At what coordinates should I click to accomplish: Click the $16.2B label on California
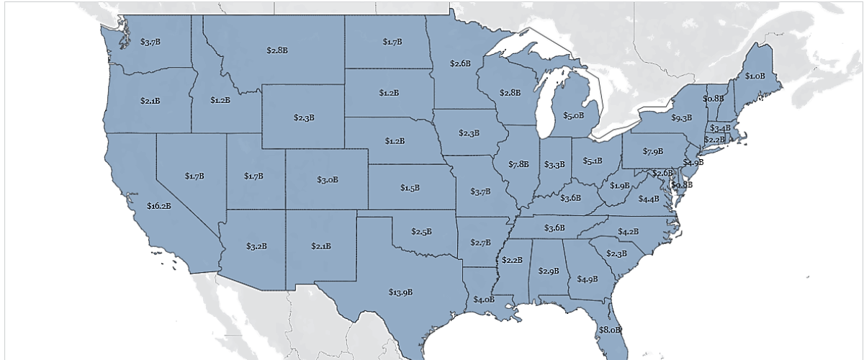[x=158, y=206]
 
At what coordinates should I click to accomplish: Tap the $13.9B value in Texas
[x=400, y=292]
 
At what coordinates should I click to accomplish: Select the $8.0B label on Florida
[x=609, y=330]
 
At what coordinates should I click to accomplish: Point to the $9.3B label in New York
[x=681, y=117]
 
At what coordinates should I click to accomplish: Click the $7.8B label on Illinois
[x=518, y=164]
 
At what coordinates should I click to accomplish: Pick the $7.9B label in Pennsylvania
[x=653, y=151]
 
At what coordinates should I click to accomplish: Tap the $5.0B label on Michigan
[x=573, y=115]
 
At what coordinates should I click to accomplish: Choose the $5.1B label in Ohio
[x=592, y=161]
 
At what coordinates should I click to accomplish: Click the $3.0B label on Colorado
[x=328, y=179]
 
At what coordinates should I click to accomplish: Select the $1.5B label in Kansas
[x=410, y=187]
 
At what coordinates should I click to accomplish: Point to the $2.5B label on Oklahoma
[x=421, y=231]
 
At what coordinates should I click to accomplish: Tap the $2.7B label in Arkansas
[x=480, y=243]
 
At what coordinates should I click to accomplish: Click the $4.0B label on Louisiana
[x=484, y=299]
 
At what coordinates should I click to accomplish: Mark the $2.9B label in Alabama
[x=549, y=271]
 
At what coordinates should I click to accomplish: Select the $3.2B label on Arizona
[x=256, y=246]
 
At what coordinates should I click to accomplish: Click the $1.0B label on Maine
[x=755, y=76]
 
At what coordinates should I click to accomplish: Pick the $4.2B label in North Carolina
[x=628, y=231]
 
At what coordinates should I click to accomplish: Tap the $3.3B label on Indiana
[x=554, y=165]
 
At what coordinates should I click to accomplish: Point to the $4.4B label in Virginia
[x=649, y=199]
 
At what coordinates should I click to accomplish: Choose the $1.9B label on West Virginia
[x=619, y=186]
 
